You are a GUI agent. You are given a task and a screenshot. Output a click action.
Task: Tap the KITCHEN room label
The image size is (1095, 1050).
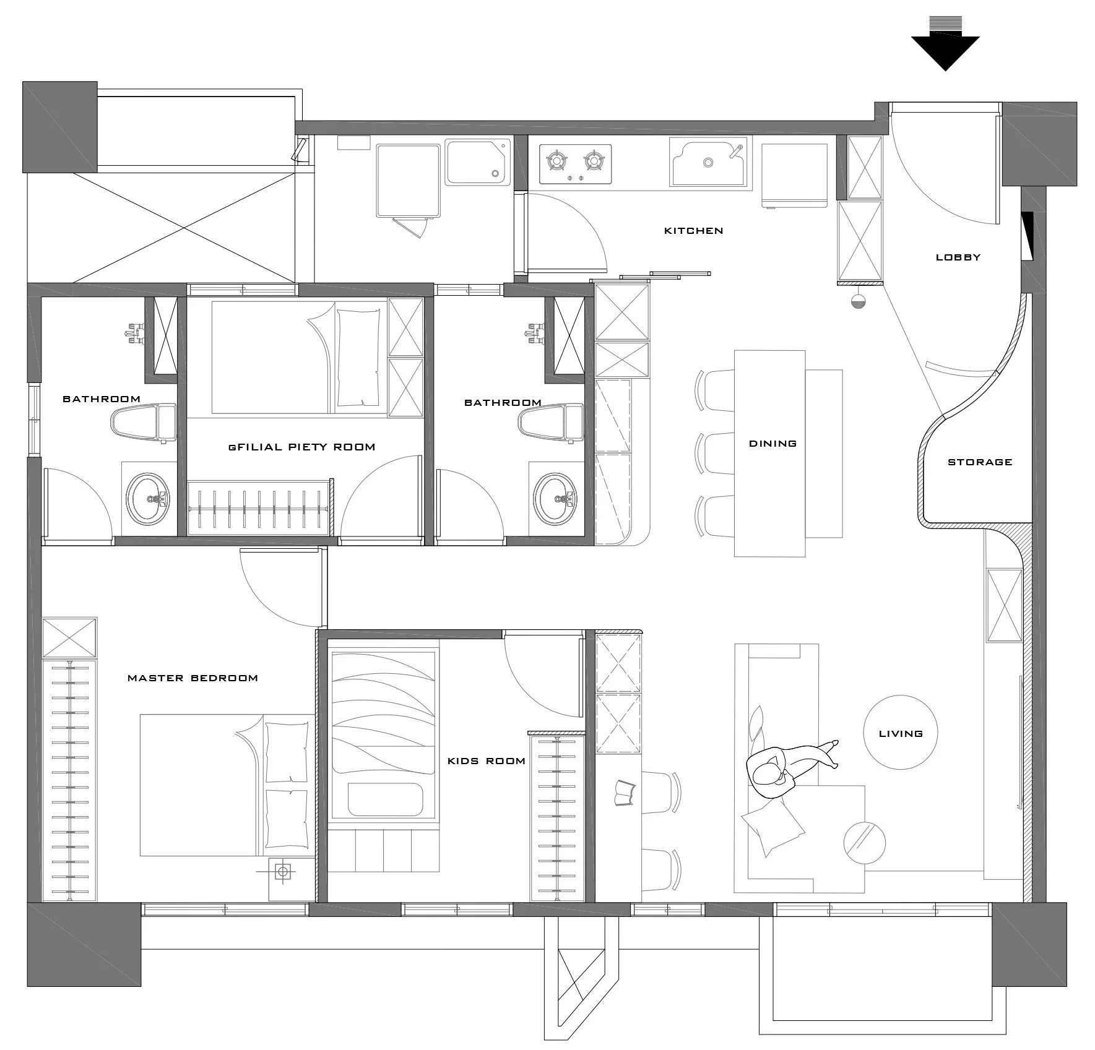tap(693, 231)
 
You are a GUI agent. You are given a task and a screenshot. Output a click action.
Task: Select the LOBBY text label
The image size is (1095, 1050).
tap(958, 257)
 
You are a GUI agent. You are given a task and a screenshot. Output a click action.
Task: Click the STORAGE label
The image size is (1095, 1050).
tap(979, 462)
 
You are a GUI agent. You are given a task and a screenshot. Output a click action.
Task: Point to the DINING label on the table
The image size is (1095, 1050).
tap(773, 443)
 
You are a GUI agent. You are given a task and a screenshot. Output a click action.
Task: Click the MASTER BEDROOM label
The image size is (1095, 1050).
tap(193, 678)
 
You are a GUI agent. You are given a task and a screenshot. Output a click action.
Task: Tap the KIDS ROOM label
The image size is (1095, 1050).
tap(486, 760)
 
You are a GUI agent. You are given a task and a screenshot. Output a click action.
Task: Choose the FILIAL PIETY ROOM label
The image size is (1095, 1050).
tap(302, 447)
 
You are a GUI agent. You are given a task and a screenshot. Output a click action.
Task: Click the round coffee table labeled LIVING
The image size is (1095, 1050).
tap(900, 733)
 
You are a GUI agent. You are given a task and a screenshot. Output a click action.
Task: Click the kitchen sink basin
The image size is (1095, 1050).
tap(708, 163)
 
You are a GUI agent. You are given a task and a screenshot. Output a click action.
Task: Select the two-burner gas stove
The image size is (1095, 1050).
tap(575, 164)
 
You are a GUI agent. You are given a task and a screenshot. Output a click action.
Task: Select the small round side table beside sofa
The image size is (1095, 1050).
tap(864, 841)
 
